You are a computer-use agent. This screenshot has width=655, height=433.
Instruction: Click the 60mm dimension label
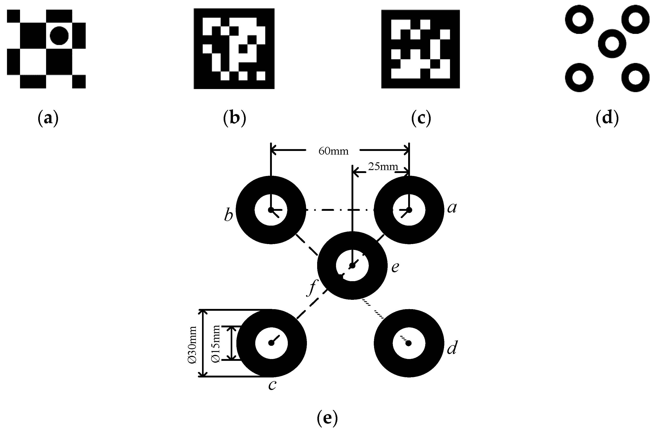[333, 151]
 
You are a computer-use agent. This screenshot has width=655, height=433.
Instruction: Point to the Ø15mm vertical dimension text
[215, 344]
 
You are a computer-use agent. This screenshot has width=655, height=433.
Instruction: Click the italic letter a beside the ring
[452, 208]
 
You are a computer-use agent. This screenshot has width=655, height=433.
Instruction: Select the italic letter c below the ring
[272, 385]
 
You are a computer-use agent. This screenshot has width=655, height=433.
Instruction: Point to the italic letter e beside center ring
[395, 267]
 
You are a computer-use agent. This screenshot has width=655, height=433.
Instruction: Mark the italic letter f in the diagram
[312, 288]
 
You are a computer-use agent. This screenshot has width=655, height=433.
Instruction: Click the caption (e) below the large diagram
[327, 418]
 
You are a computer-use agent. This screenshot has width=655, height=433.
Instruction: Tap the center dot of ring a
[409, 210]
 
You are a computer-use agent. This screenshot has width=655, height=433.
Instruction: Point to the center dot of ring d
[409, 343]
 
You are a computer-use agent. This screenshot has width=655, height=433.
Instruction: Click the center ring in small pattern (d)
[612, 44]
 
